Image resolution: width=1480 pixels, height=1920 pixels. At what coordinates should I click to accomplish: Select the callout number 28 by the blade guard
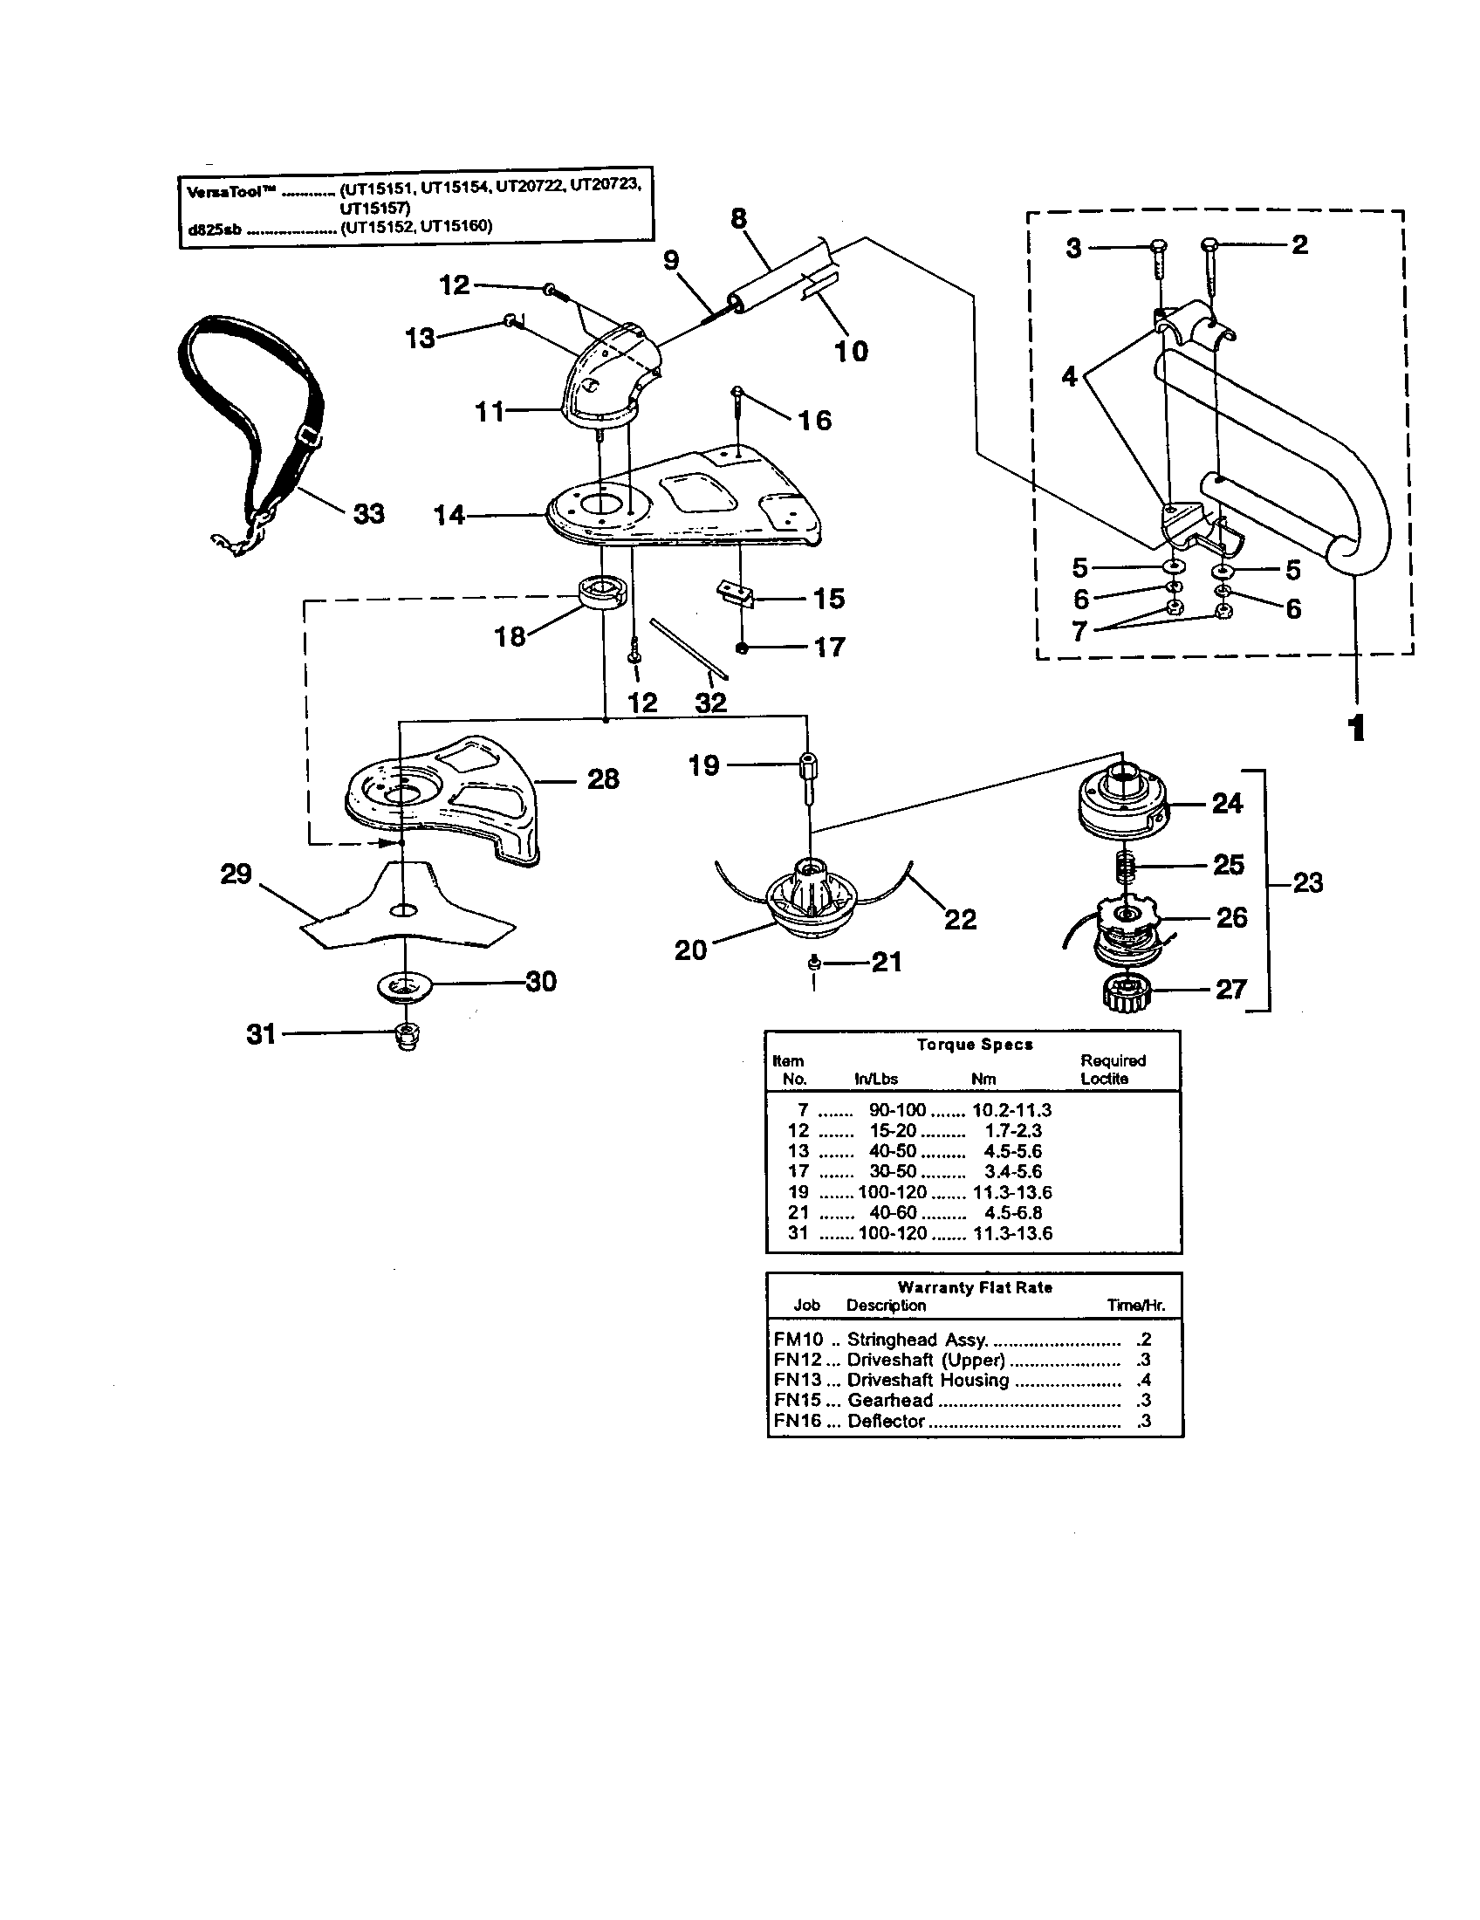coord(603,778)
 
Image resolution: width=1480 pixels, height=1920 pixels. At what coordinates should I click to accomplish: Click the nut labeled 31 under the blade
coord(407,1035)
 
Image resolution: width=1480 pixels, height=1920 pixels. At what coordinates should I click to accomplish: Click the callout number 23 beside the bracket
coord(1307,881)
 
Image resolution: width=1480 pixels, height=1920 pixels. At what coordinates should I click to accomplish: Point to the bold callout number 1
coord(1356,728)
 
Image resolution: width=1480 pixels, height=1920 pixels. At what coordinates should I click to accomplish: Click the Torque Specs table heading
coord(974,1045)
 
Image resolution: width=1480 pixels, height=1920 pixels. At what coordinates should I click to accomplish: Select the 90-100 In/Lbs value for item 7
coord(897,1110)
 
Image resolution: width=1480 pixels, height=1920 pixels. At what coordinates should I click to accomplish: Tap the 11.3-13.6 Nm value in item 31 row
coord(1012,1233)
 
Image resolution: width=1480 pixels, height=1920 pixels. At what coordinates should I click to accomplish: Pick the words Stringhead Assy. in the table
coord(917,1340)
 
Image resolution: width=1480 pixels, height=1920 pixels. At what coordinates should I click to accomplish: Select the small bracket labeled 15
coord(737,593)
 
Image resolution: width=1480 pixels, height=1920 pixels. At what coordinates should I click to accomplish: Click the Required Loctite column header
coord(1112,1069)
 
